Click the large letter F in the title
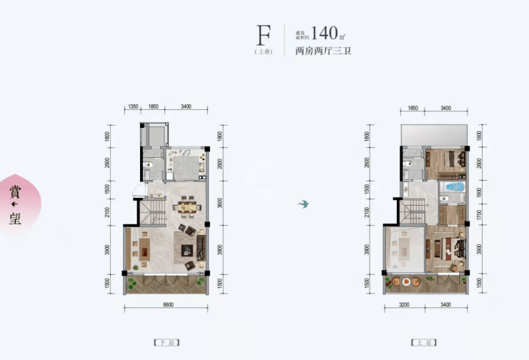[x=264, y=34]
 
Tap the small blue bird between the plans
[x=304, y=204]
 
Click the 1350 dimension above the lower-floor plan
[x=133, y=106]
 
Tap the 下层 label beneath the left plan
[x=165, y=342]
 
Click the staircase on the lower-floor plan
[x=152, y=212]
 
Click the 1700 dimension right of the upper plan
[x=480, y=212]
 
